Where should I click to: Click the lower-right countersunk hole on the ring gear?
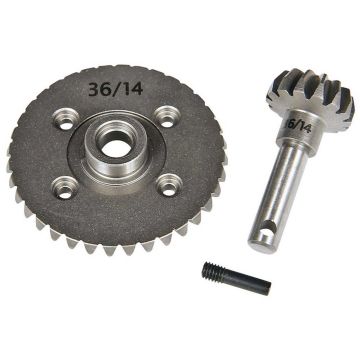(171, 184)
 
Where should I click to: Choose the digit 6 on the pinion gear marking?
(289, 121)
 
